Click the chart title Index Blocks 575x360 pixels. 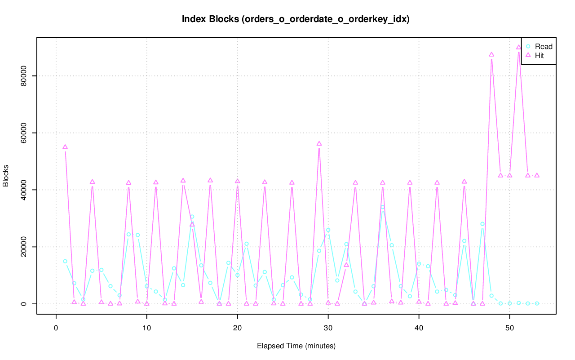296,19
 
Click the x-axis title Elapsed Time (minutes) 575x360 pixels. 296,346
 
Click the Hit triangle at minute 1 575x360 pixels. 65,147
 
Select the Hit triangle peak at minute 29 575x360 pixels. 319,144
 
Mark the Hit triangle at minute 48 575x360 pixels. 491,54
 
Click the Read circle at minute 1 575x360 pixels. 65,261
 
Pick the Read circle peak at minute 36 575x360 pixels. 383,207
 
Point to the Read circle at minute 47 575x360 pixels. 482,224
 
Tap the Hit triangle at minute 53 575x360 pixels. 537,175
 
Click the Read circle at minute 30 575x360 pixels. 328,230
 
